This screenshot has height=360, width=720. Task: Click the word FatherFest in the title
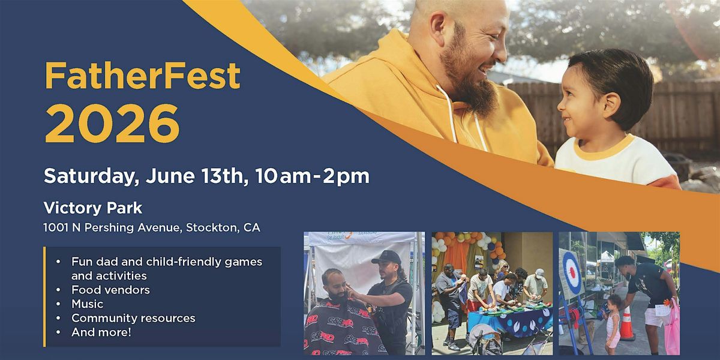coord(142,76)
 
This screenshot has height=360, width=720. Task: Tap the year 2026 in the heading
coord(112,124)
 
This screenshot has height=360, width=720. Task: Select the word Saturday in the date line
coord(91,176)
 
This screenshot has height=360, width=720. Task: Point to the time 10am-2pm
coord(313,176)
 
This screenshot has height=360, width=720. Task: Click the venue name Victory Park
coord(93,208)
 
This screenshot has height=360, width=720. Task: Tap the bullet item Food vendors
coord(110,290)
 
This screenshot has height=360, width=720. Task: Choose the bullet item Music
coord(88,304)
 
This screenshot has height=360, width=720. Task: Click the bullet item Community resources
coord(133,318)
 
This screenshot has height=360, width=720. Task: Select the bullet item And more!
coord(101,332)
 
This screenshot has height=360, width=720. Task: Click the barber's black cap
coord(386,257)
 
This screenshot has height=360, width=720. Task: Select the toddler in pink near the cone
coord(613,325)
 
